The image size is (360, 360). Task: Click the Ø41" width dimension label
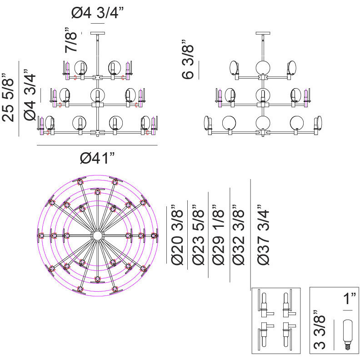coord(97,159)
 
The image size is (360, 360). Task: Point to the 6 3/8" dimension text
coord(188,62)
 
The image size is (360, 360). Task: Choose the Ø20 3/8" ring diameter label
coord(177,237)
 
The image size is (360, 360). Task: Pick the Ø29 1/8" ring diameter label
coord(219,237)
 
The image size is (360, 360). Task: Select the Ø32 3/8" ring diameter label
coord(240,237)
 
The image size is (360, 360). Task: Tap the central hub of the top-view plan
coord(97,235)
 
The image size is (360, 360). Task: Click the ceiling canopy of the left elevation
coord(98,33)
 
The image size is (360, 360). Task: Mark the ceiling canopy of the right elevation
coord(263,33)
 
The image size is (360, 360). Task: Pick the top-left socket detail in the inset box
coord(265,304)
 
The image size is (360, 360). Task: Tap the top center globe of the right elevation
coord(263,68)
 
